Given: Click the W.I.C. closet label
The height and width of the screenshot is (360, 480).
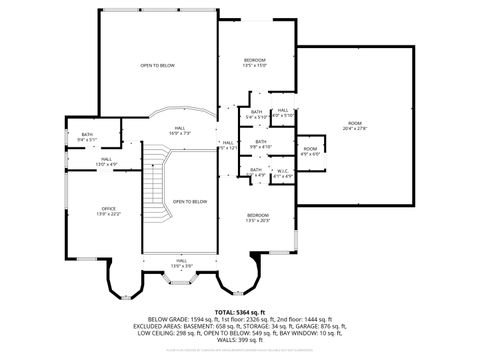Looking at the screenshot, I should coord(283,173).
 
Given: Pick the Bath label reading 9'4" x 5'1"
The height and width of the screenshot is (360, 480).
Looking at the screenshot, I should coord(87,137).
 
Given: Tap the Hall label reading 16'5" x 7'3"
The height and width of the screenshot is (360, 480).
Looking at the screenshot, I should coord(180,130).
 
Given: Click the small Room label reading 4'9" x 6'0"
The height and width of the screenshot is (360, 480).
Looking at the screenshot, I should coord(310,151).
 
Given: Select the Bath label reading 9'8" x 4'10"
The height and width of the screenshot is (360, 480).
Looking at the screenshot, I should coord(261,144).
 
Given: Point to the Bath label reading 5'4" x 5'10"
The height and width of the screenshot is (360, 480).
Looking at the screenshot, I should coord(257,114).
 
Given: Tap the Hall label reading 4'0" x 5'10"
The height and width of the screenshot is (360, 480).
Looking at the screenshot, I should coord(283,113).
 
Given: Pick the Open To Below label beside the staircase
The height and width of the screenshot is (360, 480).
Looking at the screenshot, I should coord(190,202).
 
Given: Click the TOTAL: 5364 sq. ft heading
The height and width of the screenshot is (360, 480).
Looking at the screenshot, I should coord(240,311).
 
